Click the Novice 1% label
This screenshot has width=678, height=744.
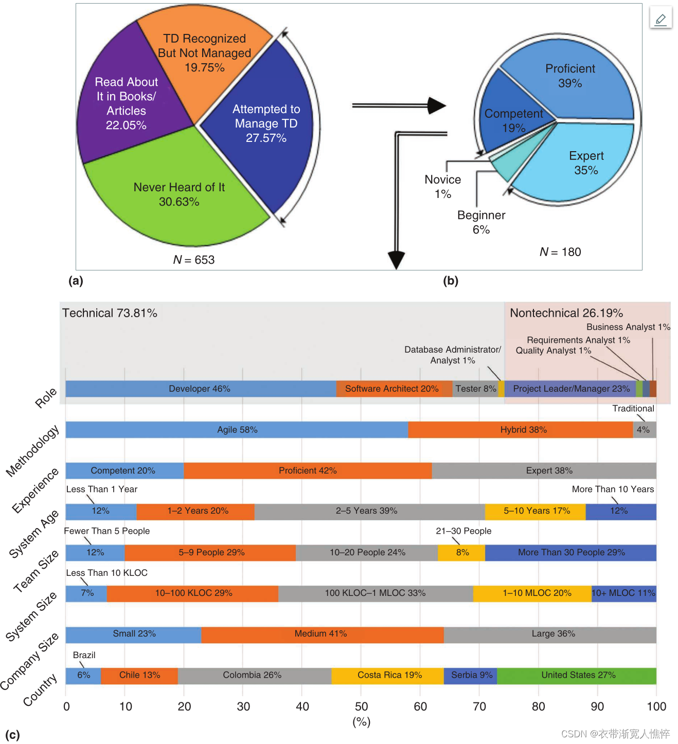tap(443, 186)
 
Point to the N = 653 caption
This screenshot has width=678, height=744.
tap(194, 260)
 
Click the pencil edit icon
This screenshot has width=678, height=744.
tap(661, 19)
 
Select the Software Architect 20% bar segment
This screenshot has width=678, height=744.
tap(392, 389)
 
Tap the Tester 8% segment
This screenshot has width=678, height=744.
tap(476, 389)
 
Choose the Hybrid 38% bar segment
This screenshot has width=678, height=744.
tap(523, 429)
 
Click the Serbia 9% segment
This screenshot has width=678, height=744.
tap(471, 675)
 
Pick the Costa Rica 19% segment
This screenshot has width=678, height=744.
tap(389, 675)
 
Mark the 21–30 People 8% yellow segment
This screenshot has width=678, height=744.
tap(462, 552)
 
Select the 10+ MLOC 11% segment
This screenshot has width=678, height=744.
tap(623, 593)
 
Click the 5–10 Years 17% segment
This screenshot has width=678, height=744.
tap(537, 511)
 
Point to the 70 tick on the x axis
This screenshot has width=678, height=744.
tap(479, 706)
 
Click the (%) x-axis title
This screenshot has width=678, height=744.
tap(361, 722)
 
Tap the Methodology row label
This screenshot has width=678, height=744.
tap(32, 451)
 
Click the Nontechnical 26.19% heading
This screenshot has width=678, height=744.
tap(566, 313)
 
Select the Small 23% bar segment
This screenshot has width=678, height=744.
tap(134, 634)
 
